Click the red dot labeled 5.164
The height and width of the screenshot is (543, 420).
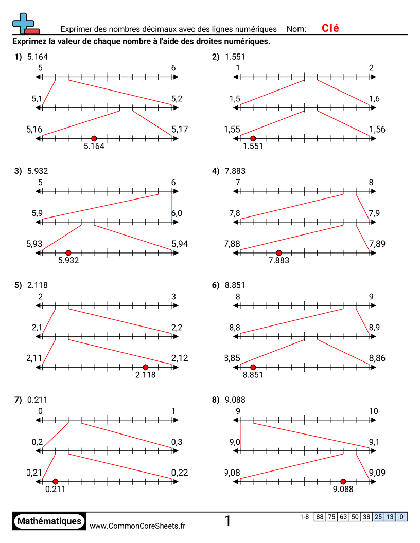pyautogui.click(x=94, y=138)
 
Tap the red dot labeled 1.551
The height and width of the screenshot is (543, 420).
pyautogui.click(x=253, y=138)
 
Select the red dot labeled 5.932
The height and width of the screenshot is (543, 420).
pyautogui.click(x=68, y=252)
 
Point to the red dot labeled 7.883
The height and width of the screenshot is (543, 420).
pyautogui.click(x=278, y=252)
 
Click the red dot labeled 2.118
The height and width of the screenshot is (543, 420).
pyautogui.click(x=146, y=367)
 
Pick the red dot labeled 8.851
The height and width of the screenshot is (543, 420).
pyautogui.click(x=253, y=367)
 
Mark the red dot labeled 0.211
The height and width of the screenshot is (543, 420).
pyautogui.click(x=55, y=481)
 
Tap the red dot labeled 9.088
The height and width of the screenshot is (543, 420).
pyautogui.click(x=343, y=481)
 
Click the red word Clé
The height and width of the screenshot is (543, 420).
pyautogui.click(x=330, y=28)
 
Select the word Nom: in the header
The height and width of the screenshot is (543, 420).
pyautogui.click(x=296, y=29)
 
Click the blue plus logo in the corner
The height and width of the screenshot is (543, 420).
pyautogui.click(x=24, y=23)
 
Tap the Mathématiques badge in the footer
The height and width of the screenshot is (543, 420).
pyautogui.click(x=49, y=521)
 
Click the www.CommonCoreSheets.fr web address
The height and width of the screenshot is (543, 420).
pyautogui.click(x=137, y=526)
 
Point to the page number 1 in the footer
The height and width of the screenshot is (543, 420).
pyautogui.click(x=227, y=521)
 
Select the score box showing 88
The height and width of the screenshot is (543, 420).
pyautogui.click(x=320, y=517)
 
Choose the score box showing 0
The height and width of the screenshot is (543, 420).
pyautogui.click(x=401, y=517)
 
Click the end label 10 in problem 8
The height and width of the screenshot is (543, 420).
pyautogui.click(x=373, y=411)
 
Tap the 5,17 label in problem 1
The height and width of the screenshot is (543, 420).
pyautogui.click(x=180, y=130)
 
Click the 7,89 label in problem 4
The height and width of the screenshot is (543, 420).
pyautogui.click(x=377, y=244)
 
